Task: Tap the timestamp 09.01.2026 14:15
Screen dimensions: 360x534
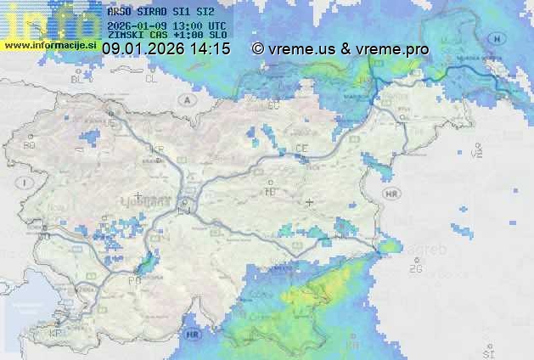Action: click(166, 49)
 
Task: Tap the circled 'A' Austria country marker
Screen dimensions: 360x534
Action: click(185, 99)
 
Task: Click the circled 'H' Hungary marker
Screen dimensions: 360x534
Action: click(498, 39)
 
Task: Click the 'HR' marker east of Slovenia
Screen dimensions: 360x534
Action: click(391, 194)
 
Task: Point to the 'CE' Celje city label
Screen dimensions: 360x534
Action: click(301, 149)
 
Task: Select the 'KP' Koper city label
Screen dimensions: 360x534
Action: click(56, 334)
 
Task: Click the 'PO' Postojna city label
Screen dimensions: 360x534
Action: click(133, 279)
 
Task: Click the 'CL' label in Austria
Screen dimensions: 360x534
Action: click(151, 78)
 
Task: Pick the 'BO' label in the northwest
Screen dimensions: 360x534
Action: click(30, 145)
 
